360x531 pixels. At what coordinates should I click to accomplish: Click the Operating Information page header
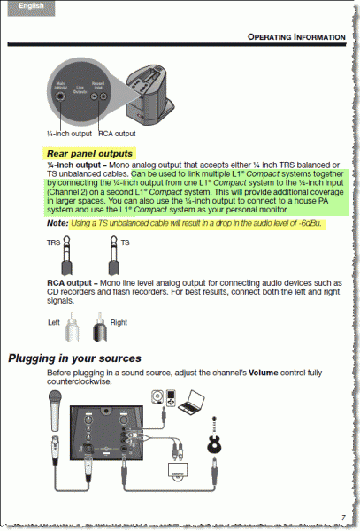pos(295,37)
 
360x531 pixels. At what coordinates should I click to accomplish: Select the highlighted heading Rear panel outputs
pos(90,153)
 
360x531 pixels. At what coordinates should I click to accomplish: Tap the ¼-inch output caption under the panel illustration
pos(67,133)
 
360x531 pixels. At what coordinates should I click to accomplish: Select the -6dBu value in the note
pos(307,224)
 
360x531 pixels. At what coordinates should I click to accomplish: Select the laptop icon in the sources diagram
pos(190,405)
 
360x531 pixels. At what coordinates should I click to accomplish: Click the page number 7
pos(342,517)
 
